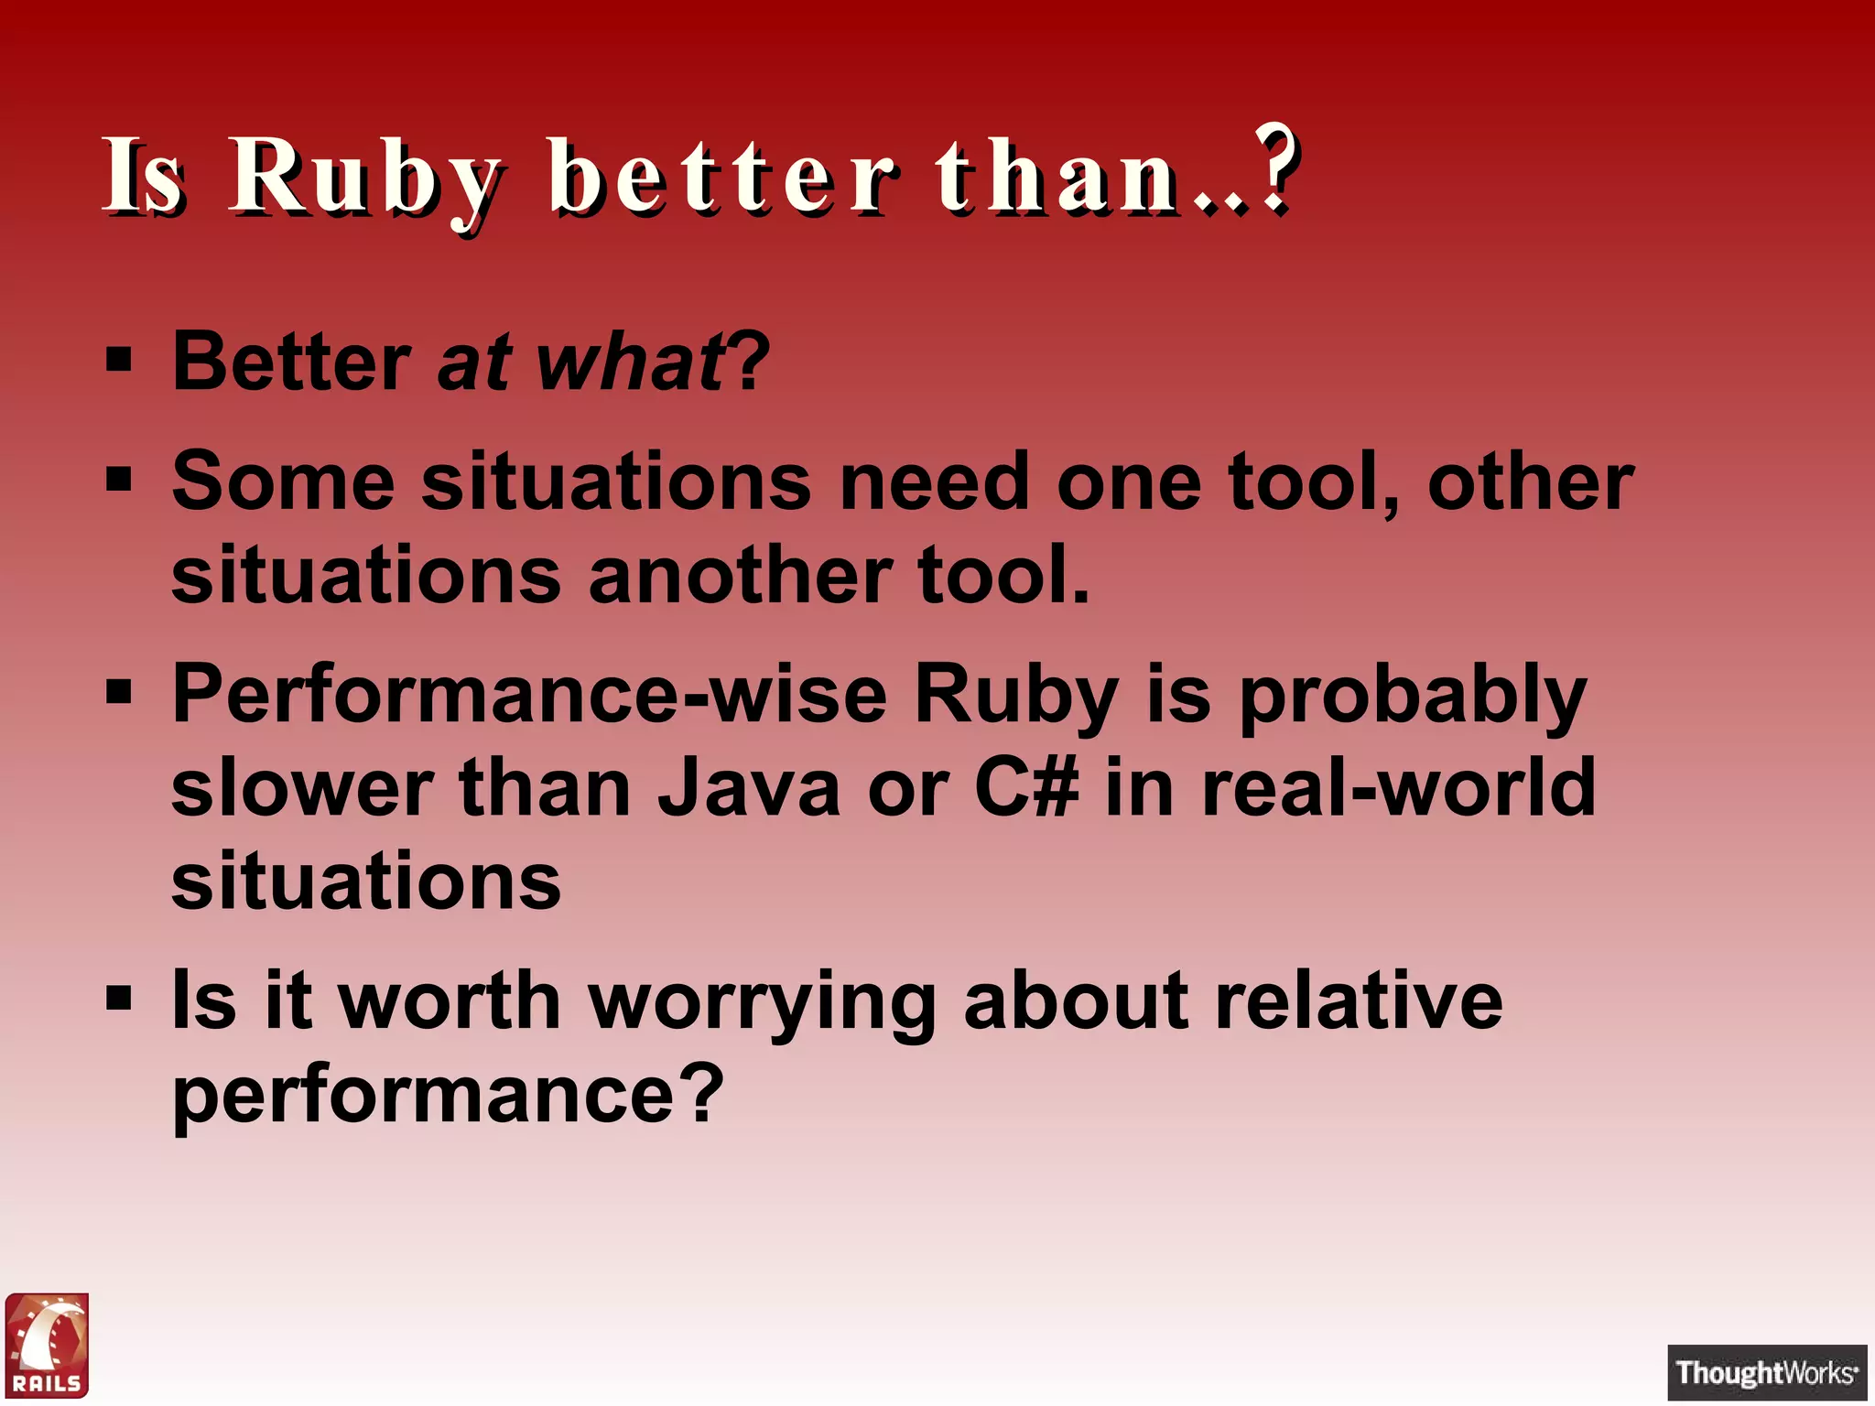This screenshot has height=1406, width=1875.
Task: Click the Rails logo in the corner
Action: click(x=48, y=1345)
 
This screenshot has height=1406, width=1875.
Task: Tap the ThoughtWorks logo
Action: click(x=1766, y=1372)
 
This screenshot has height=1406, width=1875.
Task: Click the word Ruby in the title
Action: click(x=366, y=176)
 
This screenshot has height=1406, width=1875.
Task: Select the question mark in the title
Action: click(x=1275, y=167)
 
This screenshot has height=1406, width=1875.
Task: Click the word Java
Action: click(x=748, y=789)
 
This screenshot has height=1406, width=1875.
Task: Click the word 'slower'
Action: click(x=302, y=789)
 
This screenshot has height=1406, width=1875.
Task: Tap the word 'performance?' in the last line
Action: click(x=448, y=1097)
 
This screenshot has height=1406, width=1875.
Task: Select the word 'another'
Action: click(x=740, y=575)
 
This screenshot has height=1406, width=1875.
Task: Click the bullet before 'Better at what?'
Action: click(x=119, y=359)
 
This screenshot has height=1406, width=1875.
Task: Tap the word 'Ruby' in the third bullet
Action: click(x=1016, y=696)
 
